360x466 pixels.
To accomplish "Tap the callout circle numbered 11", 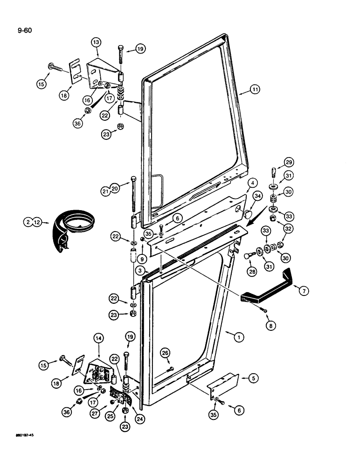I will (x=255, y=92).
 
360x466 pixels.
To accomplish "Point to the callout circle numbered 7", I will (x=304, y=291).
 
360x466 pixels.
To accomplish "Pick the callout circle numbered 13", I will (x=97, y=41).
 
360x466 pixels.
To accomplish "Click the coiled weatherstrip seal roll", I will (x=72, y=229).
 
